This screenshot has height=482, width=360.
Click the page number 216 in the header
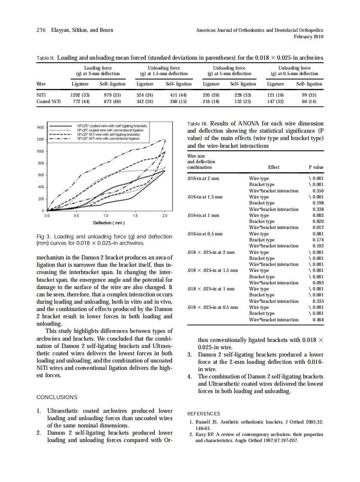point(41,31)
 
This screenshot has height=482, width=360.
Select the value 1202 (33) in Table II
point(80,95)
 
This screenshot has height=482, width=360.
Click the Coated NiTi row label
point(49,101)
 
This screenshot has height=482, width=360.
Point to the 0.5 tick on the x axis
point(76,216)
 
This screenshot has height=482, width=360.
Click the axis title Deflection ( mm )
point(109,223)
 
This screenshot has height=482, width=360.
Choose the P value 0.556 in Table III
point(318,191)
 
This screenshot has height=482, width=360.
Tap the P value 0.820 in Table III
point(318,221)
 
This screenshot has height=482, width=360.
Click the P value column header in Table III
point(316,167)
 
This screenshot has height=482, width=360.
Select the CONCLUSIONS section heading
point(57,397)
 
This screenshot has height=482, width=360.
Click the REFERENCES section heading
point(204,413)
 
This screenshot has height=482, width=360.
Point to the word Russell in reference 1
point(204,422)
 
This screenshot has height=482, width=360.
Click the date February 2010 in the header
point(308,37)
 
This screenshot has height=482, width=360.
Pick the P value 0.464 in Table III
point(318,320)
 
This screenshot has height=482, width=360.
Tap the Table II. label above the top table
point(46,58)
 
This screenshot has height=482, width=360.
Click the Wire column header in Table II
point(42,84)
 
